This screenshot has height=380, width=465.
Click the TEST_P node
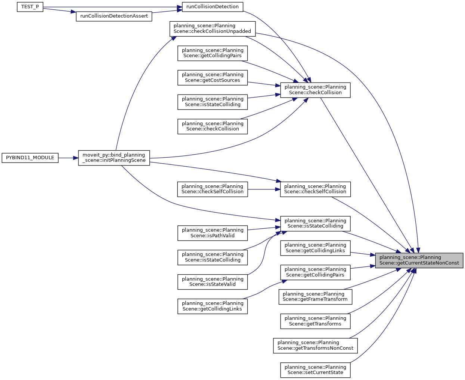30,7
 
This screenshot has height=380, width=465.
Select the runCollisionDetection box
212,6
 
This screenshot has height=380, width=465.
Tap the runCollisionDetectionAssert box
114,16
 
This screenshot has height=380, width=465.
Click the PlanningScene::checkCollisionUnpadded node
212,28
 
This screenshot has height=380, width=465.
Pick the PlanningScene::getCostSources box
212,77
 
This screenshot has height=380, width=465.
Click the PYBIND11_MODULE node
30,158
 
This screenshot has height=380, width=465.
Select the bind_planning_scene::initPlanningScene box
114,158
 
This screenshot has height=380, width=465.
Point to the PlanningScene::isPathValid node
212,233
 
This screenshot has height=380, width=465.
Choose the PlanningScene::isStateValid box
212,282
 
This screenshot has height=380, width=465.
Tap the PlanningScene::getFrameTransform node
315,297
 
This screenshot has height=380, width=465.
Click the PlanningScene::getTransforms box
315,321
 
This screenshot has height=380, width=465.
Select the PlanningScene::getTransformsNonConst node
315,345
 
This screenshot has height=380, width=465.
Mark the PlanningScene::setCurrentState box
315,370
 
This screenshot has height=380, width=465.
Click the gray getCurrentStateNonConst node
419,260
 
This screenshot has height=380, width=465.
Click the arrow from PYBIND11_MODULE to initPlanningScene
68,158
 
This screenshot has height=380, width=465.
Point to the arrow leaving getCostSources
264,84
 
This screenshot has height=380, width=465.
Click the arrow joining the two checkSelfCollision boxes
264,189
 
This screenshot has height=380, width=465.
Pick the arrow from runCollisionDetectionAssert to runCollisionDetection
167,12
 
